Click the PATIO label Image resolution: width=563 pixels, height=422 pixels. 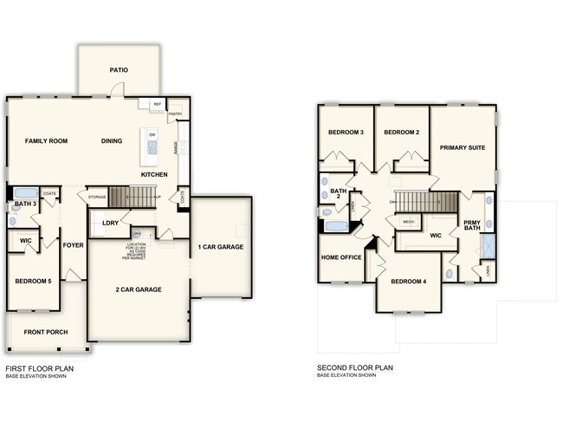[x=119, y=70]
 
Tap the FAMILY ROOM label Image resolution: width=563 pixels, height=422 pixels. [x=47, y=140]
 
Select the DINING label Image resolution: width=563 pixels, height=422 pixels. [x=112, y=140]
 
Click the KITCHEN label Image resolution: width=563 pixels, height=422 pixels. [x=154, y=175]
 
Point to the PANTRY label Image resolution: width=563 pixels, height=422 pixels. [x=174, y=114]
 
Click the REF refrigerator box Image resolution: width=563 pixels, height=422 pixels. [x=158, y=104]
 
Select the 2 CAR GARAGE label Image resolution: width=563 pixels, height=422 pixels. [x=139, y=289]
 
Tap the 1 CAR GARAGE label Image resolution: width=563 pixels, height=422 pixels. [x=221, y=247]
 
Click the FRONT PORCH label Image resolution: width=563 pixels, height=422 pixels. [x=45, y=332]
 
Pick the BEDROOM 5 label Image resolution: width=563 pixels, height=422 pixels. [x=33, y=282]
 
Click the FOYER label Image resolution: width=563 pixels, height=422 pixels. [x=74, y=245]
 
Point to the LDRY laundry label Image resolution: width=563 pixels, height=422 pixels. [x=110, y=223]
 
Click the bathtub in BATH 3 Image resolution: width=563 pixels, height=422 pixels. [x=25, y=192]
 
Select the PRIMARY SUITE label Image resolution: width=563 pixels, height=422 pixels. [x=462, y=147]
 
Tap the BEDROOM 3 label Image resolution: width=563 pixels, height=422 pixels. [x=345, y=132]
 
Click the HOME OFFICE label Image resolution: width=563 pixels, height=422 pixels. [x=341, y=258]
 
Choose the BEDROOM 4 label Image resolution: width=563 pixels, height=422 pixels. [x=408, y=282]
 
